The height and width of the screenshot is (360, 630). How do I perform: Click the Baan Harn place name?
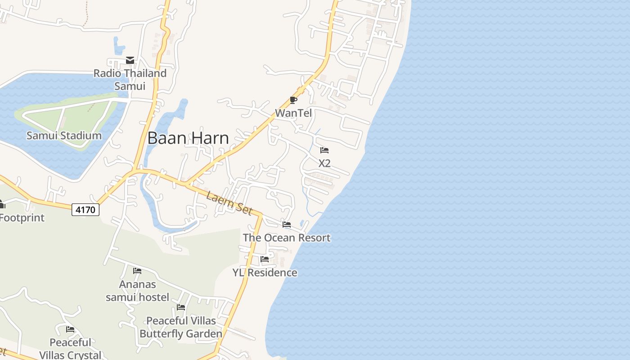(x=188, y=138)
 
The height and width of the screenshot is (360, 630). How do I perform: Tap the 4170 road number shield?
(x=85, y=209)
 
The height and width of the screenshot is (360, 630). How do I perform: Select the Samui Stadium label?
(x=64, y=135)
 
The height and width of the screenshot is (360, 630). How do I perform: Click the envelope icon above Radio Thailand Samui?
(x=130, y=60)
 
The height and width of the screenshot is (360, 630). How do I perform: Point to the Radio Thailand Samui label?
(x=130, y=79)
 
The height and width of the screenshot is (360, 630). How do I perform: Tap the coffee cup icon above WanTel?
(x=293, y=100)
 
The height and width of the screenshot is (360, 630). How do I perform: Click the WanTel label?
(x=293, y=113)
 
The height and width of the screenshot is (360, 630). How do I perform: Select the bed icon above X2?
(x=324, y=150)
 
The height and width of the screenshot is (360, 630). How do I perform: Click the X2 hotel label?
(x=324, y=163)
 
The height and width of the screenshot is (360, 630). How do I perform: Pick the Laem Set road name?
(x=229, y=203)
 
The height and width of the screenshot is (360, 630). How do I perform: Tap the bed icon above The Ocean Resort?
(x=287, y=225)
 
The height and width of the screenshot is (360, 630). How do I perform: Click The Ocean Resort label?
(x=287, y=238)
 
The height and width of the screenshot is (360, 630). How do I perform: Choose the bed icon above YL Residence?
(x=265, y=259)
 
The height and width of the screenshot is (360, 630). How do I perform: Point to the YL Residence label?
(x=265, y=273)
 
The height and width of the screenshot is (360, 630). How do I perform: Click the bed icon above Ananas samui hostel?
(x=137, y=271)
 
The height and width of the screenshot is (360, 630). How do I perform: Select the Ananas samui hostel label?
(x=137, y=291)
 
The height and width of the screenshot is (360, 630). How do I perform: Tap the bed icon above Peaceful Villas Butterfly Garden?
(x=181, y=307)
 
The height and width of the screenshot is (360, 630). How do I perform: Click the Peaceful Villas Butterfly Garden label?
(x=181, y=327)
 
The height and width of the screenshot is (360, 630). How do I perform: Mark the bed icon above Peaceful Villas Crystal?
(x=70, y=329)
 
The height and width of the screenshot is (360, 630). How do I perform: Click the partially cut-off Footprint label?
(x=22, y=218)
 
